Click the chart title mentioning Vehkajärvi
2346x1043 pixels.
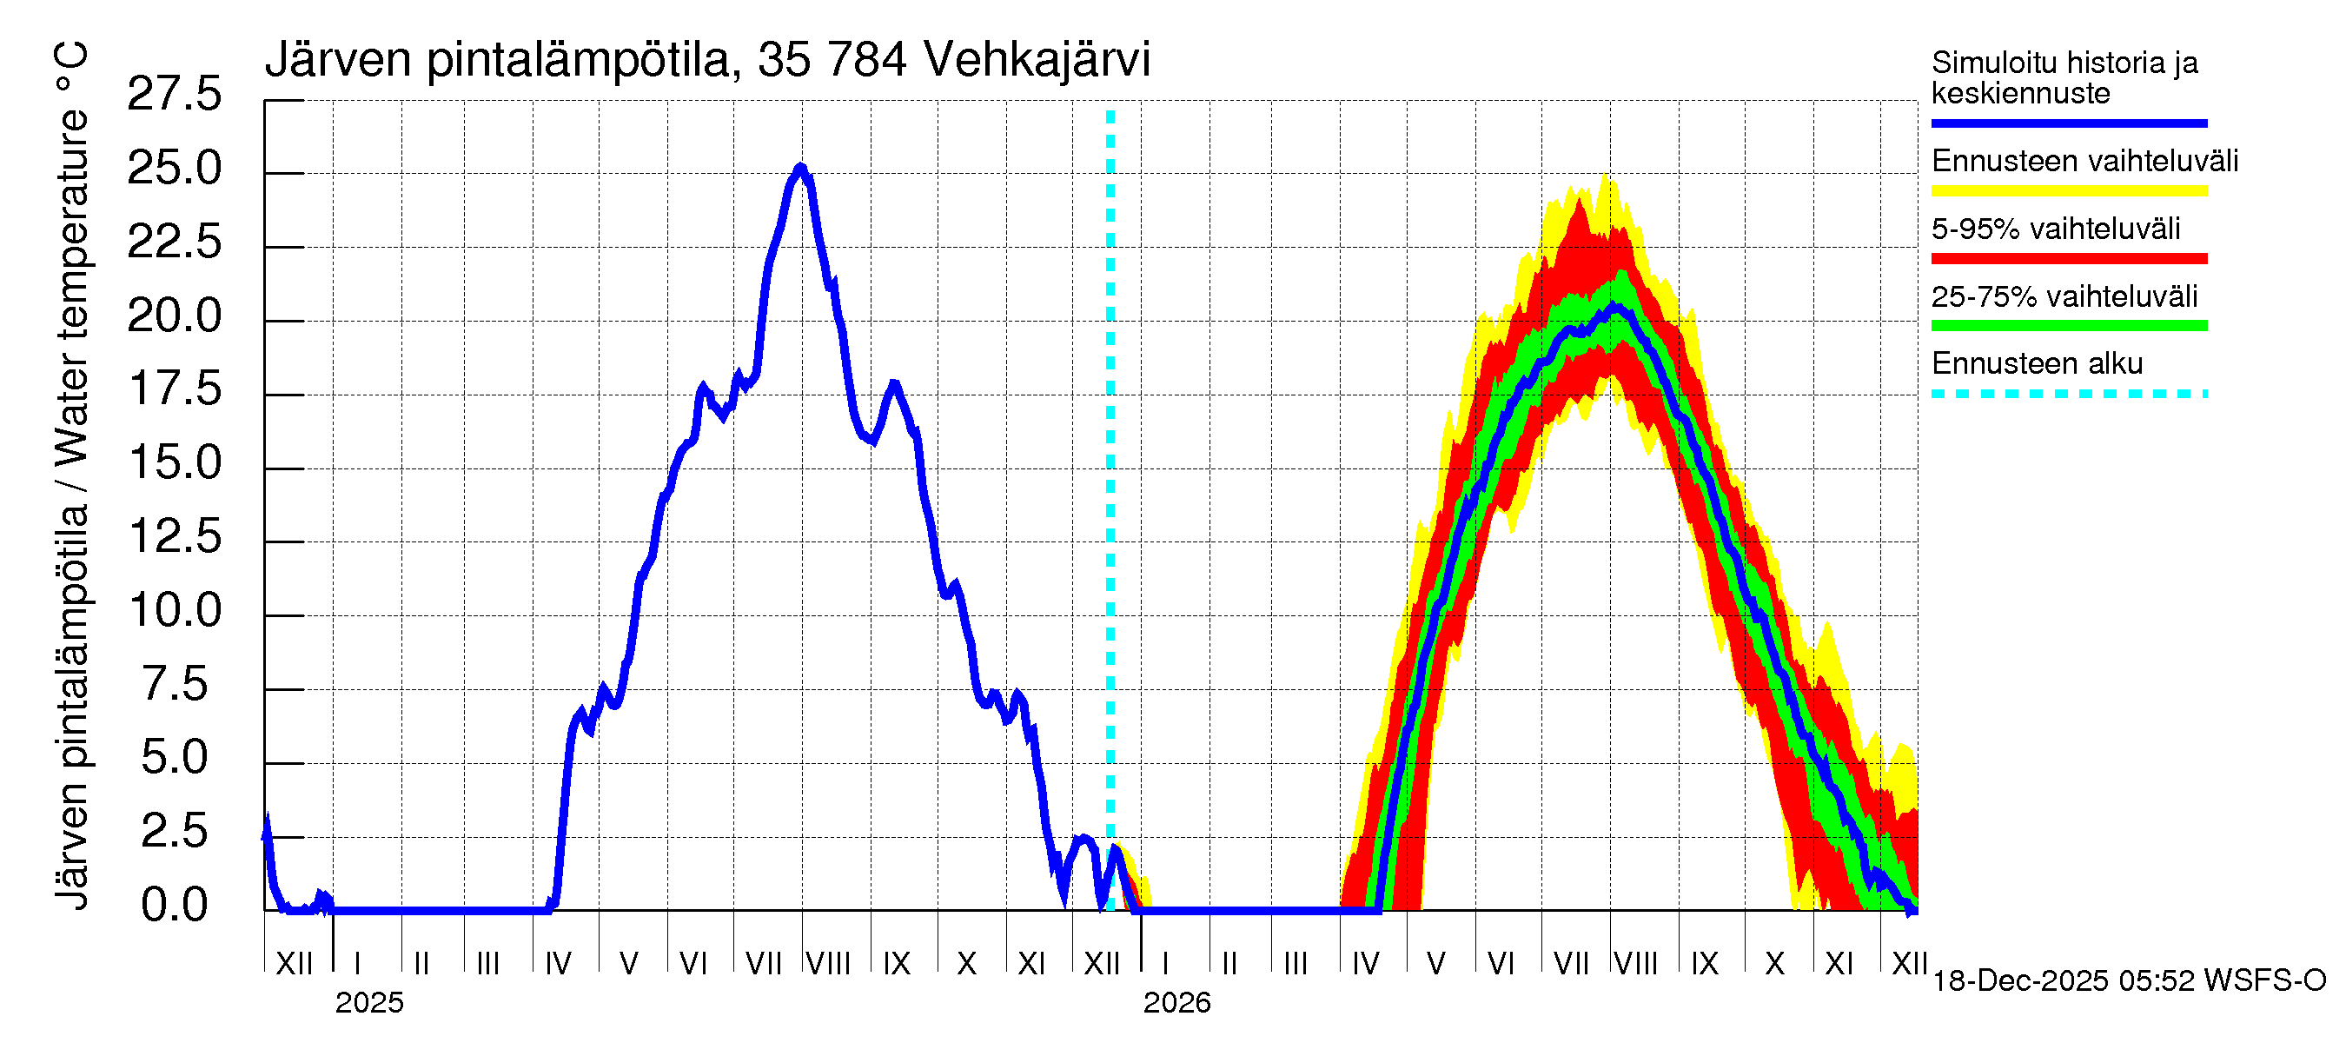(x=706, y=60)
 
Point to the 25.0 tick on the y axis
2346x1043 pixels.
(x=174, y=169)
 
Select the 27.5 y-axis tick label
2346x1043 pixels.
(x=174, y=95)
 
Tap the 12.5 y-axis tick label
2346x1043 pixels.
(x=174, y=536)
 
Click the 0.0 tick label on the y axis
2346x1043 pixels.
(x=174, y=906)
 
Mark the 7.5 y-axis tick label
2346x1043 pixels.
(x=174, y=684)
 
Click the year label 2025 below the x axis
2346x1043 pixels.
(x=368, y=1003)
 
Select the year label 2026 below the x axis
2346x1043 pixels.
(x=1176, y=1003)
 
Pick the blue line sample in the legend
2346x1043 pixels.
(x=2068, y=123)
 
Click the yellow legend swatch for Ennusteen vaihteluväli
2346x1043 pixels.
(x=2068, y=191)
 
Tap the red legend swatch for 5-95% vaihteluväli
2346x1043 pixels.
(x=2068, y=259)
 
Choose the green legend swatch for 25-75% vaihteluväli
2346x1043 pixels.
(x=2068, y=326)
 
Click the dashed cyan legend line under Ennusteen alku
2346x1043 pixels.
(x=2068, y=395)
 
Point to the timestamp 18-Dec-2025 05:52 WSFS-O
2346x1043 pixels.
(x=2128, y=981)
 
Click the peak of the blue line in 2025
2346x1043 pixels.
(x=800, y=168)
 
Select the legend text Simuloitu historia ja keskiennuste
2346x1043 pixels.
(x=2064, y=77)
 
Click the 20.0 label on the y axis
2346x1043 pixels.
(x=174, y=316)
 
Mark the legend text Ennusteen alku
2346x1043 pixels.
(x=2037, y=363)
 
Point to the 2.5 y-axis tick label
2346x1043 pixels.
(x=174, y=832)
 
